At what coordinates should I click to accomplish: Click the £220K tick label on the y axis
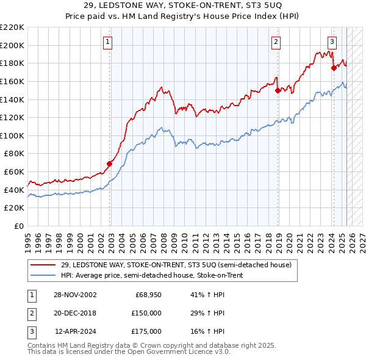pos(12,27)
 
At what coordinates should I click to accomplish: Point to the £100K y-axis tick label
pos(12,135)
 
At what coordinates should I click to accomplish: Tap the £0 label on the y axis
pos(18,226)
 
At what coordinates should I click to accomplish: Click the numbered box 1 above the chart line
pos(107,42)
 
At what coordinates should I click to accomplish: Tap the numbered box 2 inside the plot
pos(276,42)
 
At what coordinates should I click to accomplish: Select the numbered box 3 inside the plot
pos(332,42)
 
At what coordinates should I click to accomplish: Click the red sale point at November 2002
pos(110,164)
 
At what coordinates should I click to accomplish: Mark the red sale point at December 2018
pos(278,90)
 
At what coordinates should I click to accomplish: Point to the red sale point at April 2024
pos(334,68)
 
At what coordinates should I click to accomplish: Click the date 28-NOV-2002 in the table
pos(74,295)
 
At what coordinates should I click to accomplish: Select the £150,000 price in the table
pos(146,313)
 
